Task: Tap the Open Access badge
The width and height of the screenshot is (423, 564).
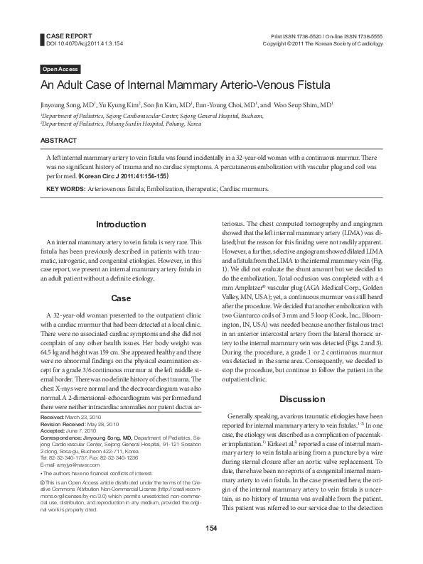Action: [x=59, y=69]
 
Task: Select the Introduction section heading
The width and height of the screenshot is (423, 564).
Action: [x=121, y=224]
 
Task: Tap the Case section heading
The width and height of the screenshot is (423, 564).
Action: [x=121, y=298]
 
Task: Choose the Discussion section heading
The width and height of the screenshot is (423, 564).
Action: [x=302, y=398]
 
